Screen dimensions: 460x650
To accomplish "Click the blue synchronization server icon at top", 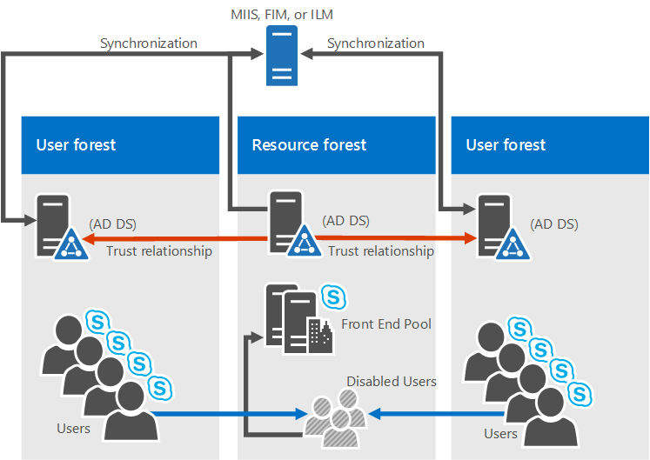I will (x=281, y=55).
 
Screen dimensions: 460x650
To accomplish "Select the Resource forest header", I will (x=309, y=145).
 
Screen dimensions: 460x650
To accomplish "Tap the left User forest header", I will (x=76, y=145).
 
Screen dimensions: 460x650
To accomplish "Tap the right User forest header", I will (x=506, y=145).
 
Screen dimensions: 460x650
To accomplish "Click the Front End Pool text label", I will (x=386, y=324).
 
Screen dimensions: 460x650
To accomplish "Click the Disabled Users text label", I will (x=392, y=381).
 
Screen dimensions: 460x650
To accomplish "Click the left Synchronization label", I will (x=149, y=43).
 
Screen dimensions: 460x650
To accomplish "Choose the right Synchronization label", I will (x=376, y=43).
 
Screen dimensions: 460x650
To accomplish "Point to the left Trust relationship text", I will (x=159, y=251).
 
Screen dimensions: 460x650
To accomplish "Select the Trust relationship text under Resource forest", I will (x=380, y=251).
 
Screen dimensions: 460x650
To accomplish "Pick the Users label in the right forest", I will (x=500, y=433).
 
